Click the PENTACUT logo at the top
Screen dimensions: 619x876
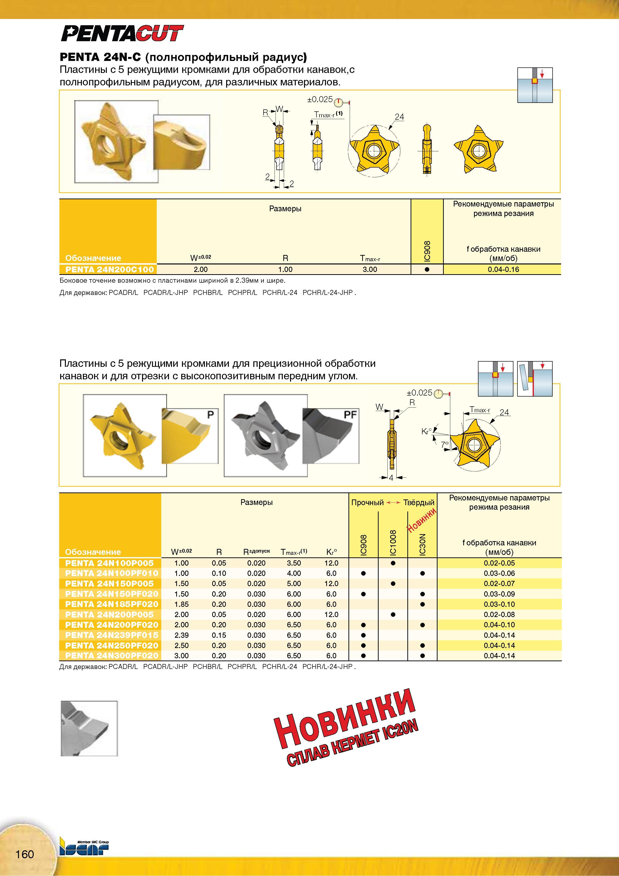click(x=122, y=33)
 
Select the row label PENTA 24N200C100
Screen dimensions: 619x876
click(x=110, y=269)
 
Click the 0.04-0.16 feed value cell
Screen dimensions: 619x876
click(x=503, y=269)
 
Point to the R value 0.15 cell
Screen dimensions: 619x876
click(x=219, y=635)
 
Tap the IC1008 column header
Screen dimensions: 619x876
click(x=393, y=542)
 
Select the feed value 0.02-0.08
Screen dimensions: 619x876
click(x=499, y=615)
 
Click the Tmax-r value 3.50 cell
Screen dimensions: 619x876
click(x=294, y=563)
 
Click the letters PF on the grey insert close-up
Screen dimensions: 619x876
click(x=350, y=415)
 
